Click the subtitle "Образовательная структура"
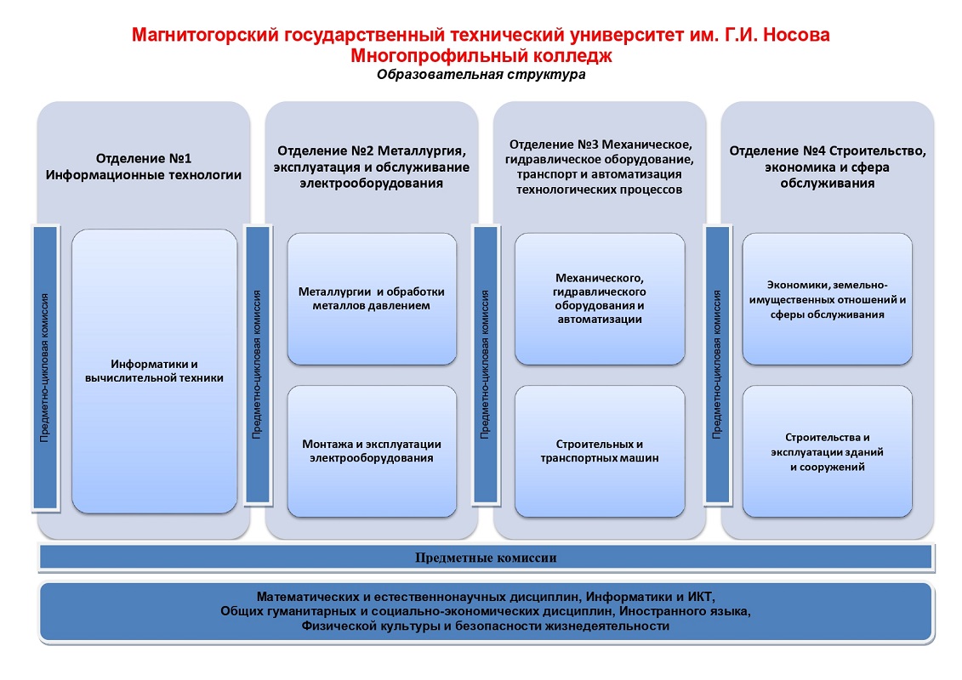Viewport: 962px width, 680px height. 481,75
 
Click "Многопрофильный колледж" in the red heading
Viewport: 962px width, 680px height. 481,56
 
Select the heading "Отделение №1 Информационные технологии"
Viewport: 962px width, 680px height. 144,166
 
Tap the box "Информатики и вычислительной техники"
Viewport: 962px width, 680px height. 154,371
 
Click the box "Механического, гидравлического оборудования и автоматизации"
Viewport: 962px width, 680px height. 600,298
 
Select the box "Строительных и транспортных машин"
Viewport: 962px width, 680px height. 600,451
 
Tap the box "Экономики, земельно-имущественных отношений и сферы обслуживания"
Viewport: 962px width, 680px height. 827,298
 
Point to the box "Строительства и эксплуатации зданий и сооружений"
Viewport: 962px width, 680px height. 827,451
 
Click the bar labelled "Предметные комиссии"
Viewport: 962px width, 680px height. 486,558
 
